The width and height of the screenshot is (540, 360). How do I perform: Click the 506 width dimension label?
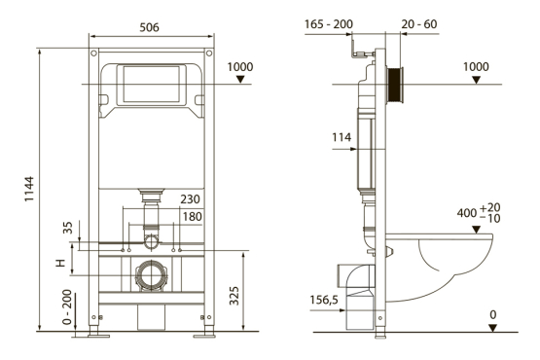click(149, 27)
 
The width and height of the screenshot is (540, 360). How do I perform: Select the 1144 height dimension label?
click(29, 189)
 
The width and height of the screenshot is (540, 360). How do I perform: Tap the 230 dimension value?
click(190, 199)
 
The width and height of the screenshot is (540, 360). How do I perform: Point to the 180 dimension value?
click(192, 217)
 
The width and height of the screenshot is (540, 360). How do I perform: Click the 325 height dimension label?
click(234, 296)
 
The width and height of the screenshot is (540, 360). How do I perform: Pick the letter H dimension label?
click(60, 264)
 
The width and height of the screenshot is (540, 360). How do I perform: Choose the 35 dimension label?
click(68, 228)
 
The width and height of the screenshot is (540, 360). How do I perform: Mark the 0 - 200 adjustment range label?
click(67, 307)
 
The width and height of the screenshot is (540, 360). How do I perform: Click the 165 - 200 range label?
click(329, 24)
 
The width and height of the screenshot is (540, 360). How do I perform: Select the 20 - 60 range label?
click(419, 24)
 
